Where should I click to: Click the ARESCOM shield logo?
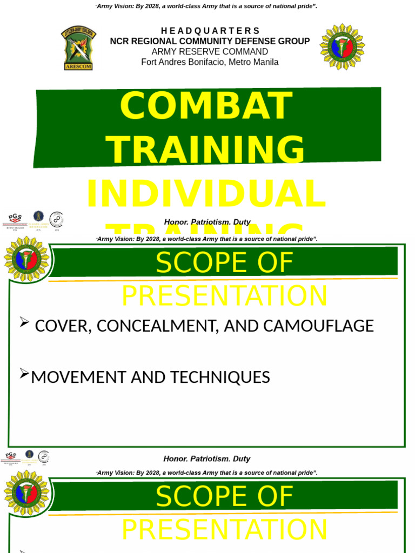coord(79,48)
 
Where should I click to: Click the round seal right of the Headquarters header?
coord(342,47)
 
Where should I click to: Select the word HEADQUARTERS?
coord(210,31)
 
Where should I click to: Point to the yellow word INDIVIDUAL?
coord(206,194)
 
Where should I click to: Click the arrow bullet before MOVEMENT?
coord(24,373)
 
